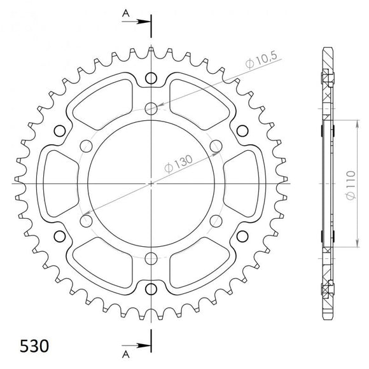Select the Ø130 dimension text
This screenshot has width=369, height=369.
coord(179,164)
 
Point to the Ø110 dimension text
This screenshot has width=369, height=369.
coord(359,184)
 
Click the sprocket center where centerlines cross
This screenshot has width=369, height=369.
coord(151,183)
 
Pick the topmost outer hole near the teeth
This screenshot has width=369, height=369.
coord(151,78)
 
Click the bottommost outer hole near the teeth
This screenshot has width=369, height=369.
coord(151,289)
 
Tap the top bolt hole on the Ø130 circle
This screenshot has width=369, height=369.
coord(151,107)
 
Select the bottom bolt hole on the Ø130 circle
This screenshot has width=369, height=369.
coord(151,259)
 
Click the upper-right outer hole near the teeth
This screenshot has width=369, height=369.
coord(242,130)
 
